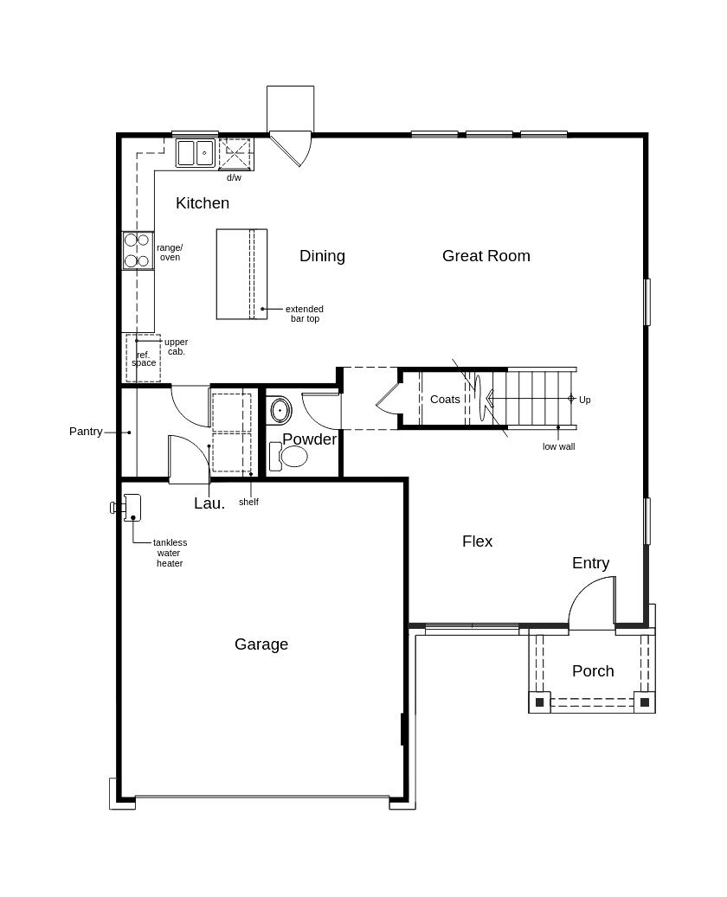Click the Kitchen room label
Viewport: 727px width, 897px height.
[x=203, y=203]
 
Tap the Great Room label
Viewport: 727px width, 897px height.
[x=486, y=256]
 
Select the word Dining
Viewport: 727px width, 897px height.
[x=322, y=256]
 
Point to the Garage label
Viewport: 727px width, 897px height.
[x=261, y=644]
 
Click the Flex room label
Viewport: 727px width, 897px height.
[x=477, y=541]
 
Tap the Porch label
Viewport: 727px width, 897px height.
[x=593, y=671]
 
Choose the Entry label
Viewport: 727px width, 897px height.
[x=590, y=563]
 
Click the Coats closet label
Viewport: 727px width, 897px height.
[x=445, y=400]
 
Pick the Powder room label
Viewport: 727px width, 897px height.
[x=309, y=439]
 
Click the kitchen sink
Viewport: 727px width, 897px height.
[x=196, y=153]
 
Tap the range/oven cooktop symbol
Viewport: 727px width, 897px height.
[x=138, y=250]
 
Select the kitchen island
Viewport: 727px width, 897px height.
[x=241, y=274]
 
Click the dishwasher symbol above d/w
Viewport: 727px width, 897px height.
[x=235, y=155]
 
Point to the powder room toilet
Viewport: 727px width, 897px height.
[x=291, y=456]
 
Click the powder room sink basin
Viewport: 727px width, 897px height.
[x=280, y=409]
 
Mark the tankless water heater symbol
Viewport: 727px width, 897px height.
[x=131, y=508]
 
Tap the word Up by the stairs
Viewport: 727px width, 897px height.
[x=585, y=400]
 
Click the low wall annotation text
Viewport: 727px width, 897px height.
[x=558, y=446]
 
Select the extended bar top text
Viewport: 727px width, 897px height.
[x=305, y=314]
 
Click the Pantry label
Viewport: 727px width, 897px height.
[x=86, y=432]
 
